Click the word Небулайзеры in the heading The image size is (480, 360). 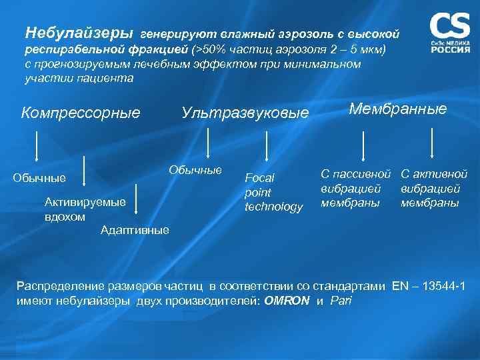pos(79,32)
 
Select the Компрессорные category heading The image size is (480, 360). pos(81,113)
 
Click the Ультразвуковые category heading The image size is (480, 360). pos(245,113)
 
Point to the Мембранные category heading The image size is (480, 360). pos(398,109)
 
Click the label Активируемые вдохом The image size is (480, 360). pos(85,209)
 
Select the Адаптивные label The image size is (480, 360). pos(134,231)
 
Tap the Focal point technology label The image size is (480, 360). pos(273,192)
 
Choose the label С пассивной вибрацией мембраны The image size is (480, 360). pos(355,188)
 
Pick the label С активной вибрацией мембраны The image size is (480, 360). pos(434,188)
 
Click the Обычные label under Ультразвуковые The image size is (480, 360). pos(195,169)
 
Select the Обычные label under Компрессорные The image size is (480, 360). pos(39,178)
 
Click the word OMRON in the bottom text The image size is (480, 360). pos(287,301)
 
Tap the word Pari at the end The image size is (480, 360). pos(341,301)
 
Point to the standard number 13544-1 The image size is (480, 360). pos(441,286)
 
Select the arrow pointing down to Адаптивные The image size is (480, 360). pos(136,193)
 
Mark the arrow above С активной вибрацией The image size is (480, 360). pos(433,143)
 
